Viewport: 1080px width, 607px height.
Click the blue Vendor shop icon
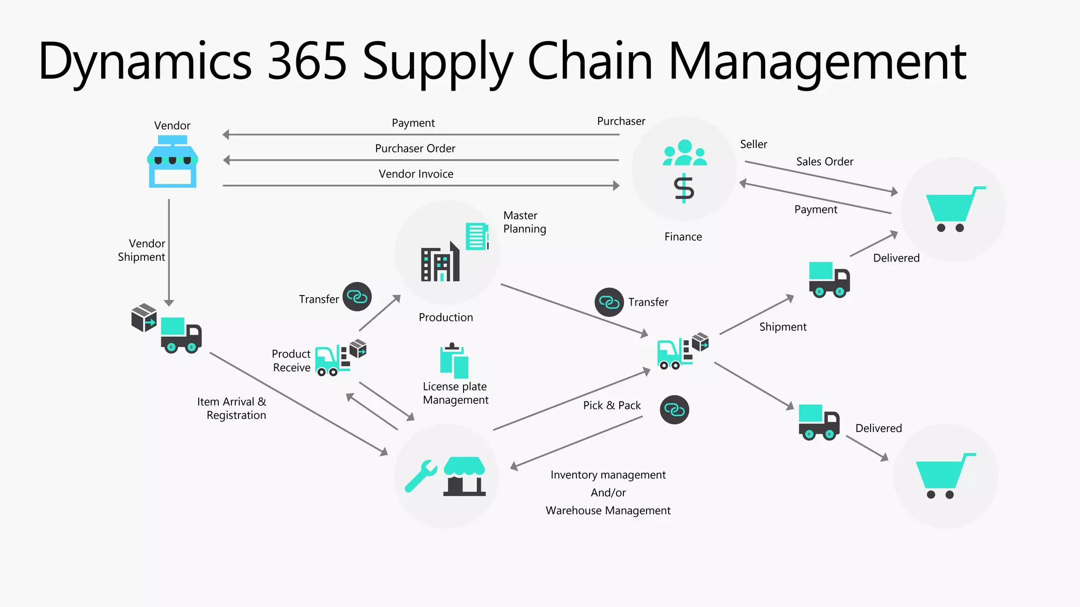click(x=172, y=162)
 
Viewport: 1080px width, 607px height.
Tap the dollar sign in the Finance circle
click(x=684, y=188)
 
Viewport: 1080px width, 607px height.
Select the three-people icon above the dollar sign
click(x=684, y=153)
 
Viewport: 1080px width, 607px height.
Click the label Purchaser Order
click(x=415, y=149)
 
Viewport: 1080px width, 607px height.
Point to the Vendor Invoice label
click(x=416, y=174)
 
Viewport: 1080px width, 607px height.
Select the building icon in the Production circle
click(x=440, y=262)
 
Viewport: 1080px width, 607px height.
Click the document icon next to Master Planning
click(x=477, y=236)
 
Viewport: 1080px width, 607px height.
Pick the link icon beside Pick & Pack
click(x=674, y=409)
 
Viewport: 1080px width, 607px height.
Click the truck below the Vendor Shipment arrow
click(x=180, y=335)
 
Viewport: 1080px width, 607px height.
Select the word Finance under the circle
click(x=683, y=237)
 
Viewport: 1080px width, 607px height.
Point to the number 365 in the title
click(x=307, y=61)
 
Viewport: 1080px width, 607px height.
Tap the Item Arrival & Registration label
click(x=232, y=408)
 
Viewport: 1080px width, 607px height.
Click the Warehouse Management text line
click(x=607, y=511)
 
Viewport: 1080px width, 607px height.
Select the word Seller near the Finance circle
click(x=753, y=144)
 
